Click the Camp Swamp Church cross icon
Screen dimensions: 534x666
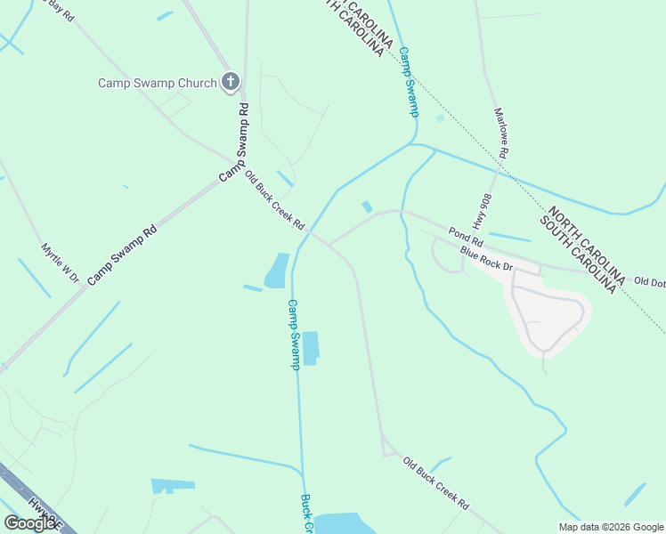click(230, 83)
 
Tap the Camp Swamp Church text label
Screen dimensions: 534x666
click(157, 84)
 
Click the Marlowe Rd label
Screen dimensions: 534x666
click(501, 133)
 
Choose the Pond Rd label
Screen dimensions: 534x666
click(466, 237)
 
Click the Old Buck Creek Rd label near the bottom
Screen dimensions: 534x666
click(435, 483)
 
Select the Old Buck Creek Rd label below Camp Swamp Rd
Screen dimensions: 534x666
click(274, 199)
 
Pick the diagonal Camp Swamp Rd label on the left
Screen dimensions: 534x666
click(122, 254)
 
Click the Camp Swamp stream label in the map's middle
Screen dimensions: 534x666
click(293, 334)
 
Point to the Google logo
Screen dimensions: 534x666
click(29, 523)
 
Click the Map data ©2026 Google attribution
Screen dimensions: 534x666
click(611, 527)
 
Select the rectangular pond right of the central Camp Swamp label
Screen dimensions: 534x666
click(310, 348)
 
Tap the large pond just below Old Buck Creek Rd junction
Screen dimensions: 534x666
click(276, 271)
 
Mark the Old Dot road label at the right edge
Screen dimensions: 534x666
click(649, 282)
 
